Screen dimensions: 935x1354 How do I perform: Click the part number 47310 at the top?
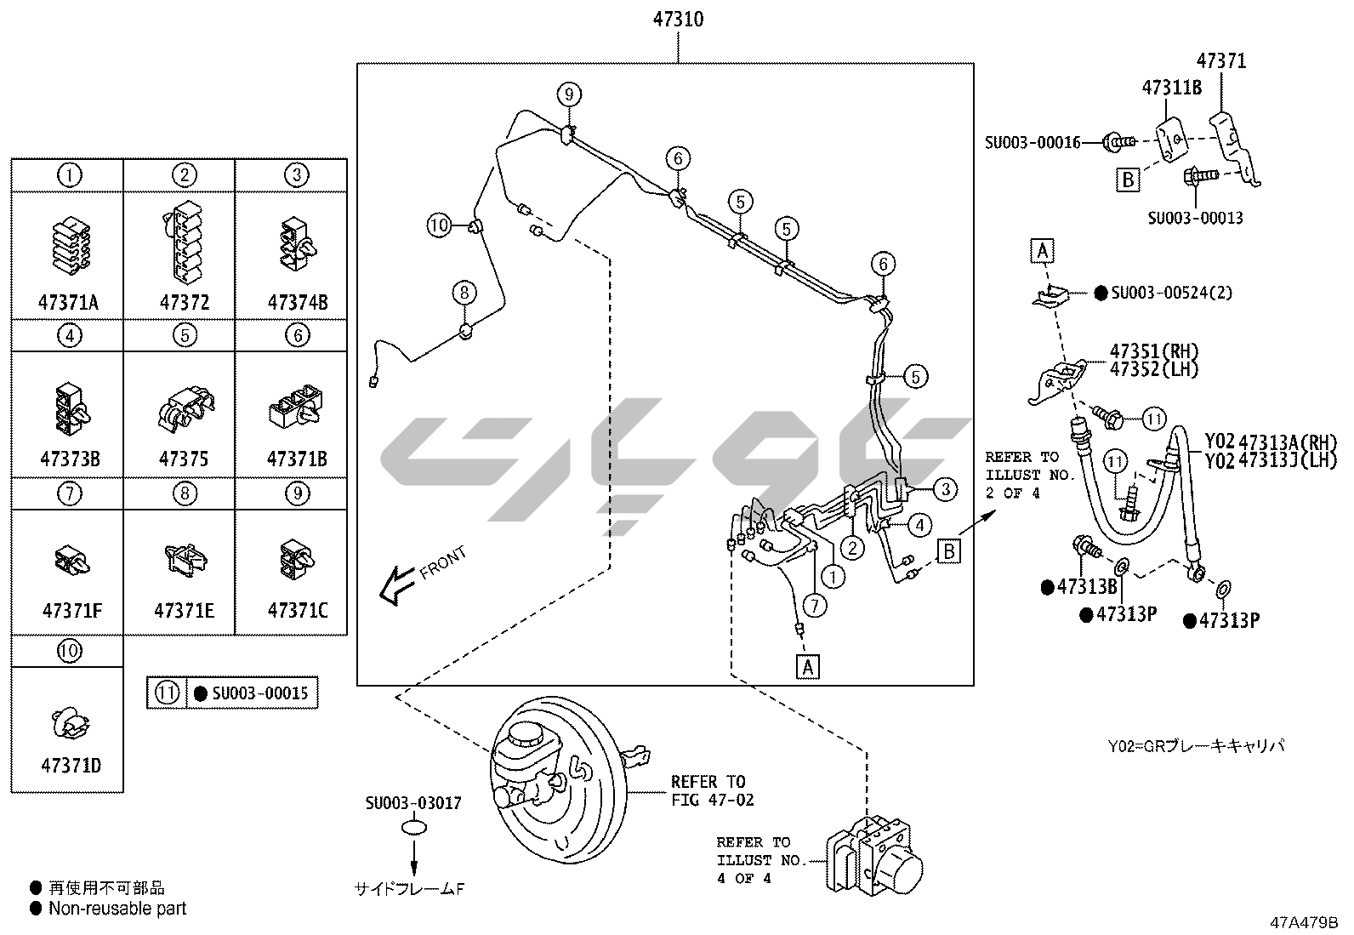point(678,19)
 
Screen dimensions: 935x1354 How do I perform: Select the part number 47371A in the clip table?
point(68,302)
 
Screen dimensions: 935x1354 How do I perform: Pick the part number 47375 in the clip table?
point(184,459)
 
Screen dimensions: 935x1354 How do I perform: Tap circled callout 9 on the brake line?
point(569,94)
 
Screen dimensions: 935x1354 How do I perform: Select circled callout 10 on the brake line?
point(439,225)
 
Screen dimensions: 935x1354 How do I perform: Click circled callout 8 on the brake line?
point(463,293)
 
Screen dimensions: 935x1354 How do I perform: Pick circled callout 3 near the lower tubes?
point(945,488)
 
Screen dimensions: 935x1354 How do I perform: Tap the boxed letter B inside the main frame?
point(949,551)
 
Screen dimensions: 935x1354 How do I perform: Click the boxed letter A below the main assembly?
point(808,667)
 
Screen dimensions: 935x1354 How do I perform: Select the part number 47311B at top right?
point(1171,87)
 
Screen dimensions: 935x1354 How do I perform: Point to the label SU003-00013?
point(1195,218)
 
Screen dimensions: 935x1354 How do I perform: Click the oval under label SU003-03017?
point(414,828)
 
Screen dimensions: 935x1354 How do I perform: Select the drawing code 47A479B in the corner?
point(1304,921)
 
